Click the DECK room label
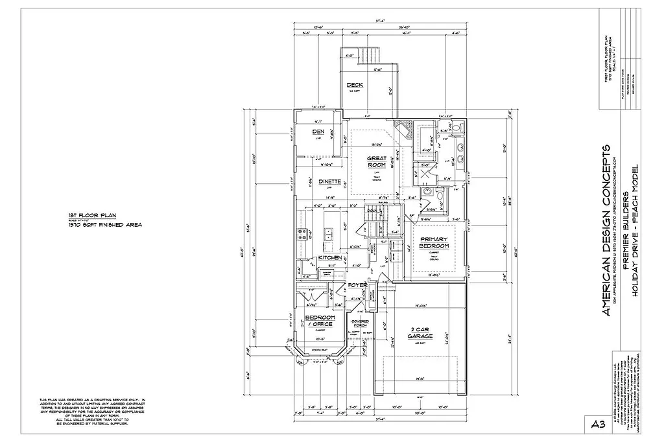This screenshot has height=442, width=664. click(355, 86)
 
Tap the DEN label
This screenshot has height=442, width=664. click(318, 132)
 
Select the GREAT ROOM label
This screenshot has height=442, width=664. click(377, 161)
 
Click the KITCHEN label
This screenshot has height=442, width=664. click(330, 257)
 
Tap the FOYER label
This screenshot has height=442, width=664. click(357, 285)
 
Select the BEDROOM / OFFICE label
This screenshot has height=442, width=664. click(319, 321)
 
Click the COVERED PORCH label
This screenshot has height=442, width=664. click(360, 323)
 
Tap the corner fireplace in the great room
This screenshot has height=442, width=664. click(404, 130)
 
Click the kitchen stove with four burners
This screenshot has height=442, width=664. click(302, 234)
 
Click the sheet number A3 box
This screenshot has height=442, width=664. click(599, 425)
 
